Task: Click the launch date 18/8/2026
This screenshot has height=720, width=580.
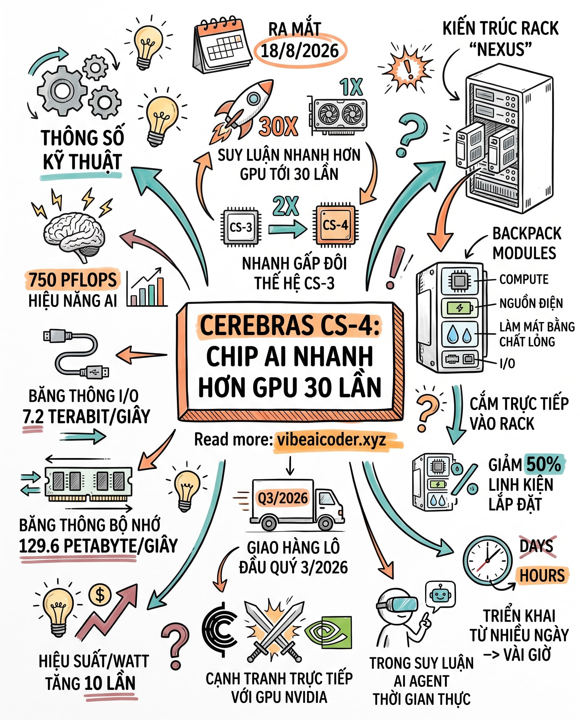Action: tap(300, 51)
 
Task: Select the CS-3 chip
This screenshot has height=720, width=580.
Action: tap(241, 227)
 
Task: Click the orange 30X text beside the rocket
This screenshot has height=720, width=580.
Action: tap(278, 127)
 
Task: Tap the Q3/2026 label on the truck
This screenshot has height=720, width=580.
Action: tap(282, 498)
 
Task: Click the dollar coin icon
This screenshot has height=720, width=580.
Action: tap(100, 595)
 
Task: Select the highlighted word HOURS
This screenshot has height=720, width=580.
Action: tap(542, 575)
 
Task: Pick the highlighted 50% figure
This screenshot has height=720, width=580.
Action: tap(544, 464)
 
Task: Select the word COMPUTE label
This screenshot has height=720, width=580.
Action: tap(524, 279)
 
